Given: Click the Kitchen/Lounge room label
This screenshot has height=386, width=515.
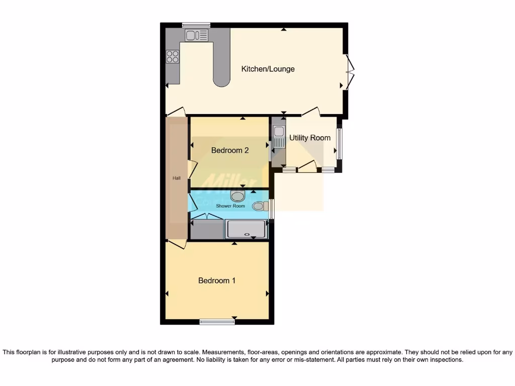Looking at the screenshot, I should click(x=268, y=69).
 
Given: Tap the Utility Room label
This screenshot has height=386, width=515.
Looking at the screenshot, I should click(x=310, y=138).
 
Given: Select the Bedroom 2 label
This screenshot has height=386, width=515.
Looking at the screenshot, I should click(x=230, y=150).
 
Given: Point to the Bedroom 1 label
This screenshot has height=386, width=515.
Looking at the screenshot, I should click(x=217, y=280).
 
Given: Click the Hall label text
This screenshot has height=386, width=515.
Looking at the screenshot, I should click(x=177, y=178).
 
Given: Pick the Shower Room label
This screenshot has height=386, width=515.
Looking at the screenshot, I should click(x=230, y=206).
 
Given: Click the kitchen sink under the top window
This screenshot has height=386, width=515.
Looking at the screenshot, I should click(x=197, y=35).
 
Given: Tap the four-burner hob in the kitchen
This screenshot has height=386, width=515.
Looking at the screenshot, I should click(x=173, y=57).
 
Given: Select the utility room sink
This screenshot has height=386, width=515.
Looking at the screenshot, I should click(x=279, y=136).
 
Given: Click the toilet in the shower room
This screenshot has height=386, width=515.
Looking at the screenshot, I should click(x=260, y=206).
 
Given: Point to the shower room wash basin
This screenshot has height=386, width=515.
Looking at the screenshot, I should click(x=237, y=196).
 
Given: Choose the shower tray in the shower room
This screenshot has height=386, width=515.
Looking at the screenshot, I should click(x=246, y=229).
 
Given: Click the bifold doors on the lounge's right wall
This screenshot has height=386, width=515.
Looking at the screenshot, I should click(x=350, y=72).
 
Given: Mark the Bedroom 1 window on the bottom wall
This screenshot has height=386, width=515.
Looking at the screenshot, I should click(x=217, y=322).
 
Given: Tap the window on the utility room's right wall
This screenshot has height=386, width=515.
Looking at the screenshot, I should click(x=339, y=144).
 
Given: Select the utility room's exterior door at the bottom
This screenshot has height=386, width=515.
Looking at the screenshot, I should click(x=307, y=167).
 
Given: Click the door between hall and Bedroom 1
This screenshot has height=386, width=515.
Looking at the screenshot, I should click(x=177, y=244).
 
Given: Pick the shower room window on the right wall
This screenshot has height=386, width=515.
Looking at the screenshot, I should click(x=272, y=209).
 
